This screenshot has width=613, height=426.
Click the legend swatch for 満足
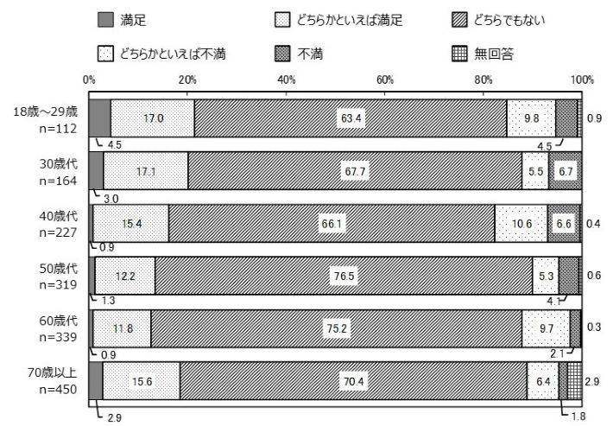[105, 18]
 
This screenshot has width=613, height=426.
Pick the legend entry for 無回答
[494, 53]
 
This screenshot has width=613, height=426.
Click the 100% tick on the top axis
[583, 79]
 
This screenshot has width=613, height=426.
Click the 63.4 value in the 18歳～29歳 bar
[350, 118]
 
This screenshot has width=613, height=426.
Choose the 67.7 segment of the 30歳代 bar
[355, 171]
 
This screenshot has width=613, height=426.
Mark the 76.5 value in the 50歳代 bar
[344, 276]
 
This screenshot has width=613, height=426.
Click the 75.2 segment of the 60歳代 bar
[337, 328]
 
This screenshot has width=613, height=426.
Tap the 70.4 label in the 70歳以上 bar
[353, 381]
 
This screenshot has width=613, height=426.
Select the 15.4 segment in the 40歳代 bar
[131, 224]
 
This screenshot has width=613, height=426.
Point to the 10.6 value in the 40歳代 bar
[521, 224]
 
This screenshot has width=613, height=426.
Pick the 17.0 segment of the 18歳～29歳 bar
[153, 118]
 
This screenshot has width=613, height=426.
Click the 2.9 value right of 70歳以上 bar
[593, 381]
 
